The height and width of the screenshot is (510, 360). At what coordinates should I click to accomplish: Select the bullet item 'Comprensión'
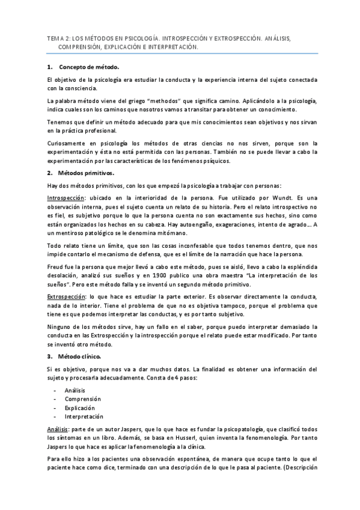[83, 399]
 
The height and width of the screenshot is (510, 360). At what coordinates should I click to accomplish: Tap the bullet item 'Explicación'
[81, 407]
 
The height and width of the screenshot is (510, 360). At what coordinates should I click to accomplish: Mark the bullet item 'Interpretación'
[84, 416]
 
